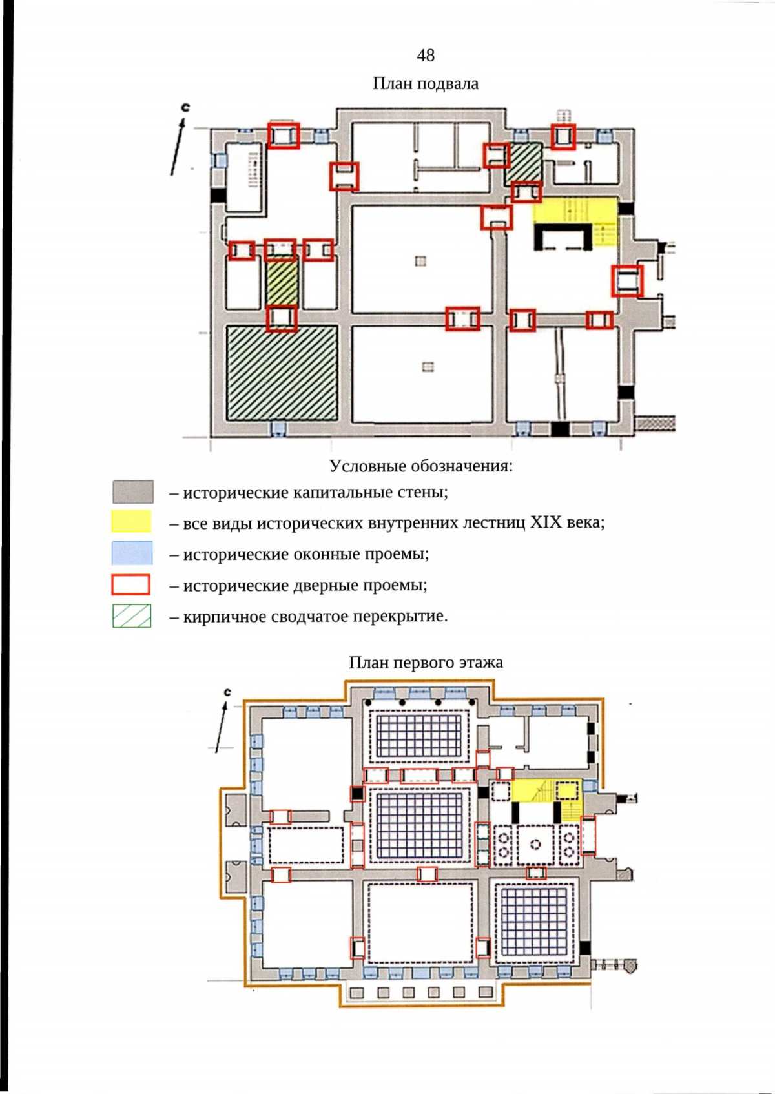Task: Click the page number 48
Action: tap(426, 56)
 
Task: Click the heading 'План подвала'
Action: tap(426, 83)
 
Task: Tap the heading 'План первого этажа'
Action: tap(426, 662)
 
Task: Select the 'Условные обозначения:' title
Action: tap(421, 466)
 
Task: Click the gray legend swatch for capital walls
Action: tap(133, 491)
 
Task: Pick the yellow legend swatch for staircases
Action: tap(131, 521)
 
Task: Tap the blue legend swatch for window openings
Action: tap(132, 553)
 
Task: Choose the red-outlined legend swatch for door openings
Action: tap(130, 584)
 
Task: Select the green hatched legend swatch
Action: tap(132, 616)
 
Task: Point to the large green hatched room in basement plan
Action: tap(282, 373)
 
